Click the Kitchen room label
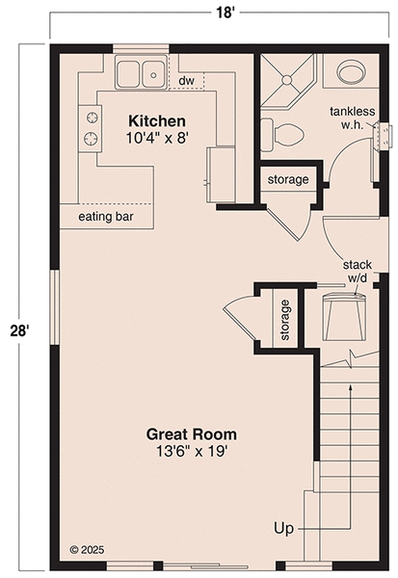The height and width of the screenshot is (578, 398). (x=157, y=120)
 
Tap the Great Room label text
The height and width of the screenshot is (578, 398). (x=191, y=433)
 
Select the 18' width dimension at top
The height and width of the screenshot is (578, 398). (x=199, y=13)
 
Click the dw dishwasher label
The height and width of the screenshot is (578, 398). (x=186, y=80)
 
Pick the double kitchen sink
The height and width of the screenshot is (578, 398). (x=142, y=73)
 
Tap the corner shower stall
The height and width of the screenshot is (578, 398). (x=285, y=79)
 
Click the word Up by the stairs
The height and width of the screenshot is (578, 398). (x=282, y=527)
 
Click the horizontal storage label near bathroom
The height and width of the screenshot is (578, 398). (x=288, y=179)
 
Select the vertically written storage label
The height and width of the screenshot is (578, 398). (x=285, y=320)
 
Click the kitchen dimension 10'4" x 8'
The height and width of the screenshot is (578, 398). (x=155, y=138)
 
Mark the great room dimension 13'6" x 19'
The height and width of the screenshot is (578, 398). (x=191, y=450)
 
